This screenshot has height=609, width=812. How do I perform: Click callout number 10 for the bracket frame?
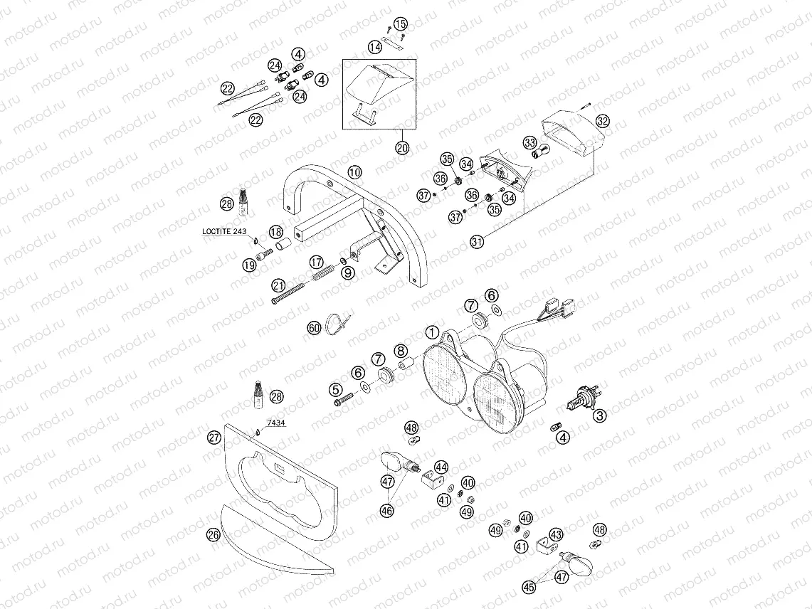tap(355, 173)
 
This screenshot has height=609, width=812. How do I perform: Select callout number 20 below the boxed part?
tap(402, 148)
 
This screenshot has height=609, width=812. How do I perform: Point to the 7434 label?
tap(276, 423)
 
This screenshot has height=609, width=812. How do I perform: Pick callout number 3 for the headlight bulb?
tap(600, 415)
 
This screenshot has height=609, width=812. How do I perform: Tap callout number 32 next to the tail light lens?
tap(603, 121)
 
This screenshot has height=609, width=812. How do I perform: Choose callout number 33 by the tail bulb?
tap(529, 143)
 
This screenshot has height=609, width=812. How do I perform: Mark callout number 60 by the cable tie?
tap(314, 328)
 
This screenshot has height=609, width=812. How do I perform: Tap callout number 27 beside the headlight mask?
tap(213, 438)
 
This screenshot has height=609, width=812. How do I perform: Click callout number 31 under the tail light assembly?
tap(477, 241)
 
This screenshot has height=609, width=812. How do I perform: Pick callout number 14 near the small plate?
tap(375, 47)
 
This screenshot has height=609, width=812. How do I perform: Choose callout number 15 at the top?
tap(400, 25)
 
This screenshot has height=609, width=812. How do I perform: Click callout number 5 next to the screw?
tap(335, 389)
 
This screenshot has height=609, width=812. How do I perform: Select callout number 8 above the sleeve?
tap(401, 351)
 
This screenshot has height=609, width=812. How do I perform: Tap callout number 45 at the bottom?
tap(529, 587)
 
